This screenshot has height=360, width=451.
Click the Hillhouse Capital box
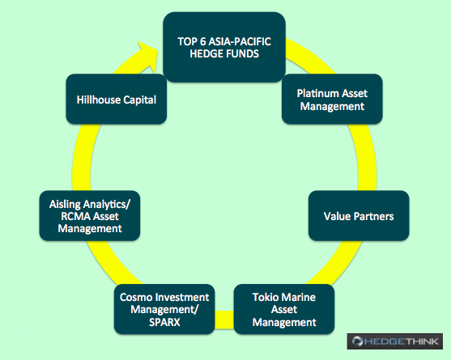point(117,100)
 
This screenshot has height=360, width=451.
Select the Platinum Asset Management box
point(332,100)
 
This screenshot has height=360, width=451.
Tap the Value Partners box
point(359,216)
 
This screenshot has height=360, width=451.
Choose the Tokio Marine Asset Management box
point(284,309)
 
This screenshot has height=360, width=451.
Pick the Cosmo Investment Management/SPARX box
point(164,309)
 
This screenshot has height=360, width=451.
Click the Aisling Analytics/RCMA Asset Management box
point(90,216)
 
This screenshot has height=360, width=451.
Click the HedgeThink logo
point(395,341)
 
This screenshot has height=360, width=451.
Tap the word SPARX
point(164,322)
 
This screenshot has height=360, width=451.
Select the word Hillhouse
point(98,100)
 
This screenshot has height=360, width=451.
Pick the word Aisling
point(65,205)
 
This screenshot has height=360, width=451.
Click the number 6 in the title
point(203,41)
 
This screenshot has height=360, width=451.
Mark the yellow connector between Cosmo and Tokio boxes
point(224,320)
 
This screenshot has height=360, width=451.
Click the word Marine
point(298,297)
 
